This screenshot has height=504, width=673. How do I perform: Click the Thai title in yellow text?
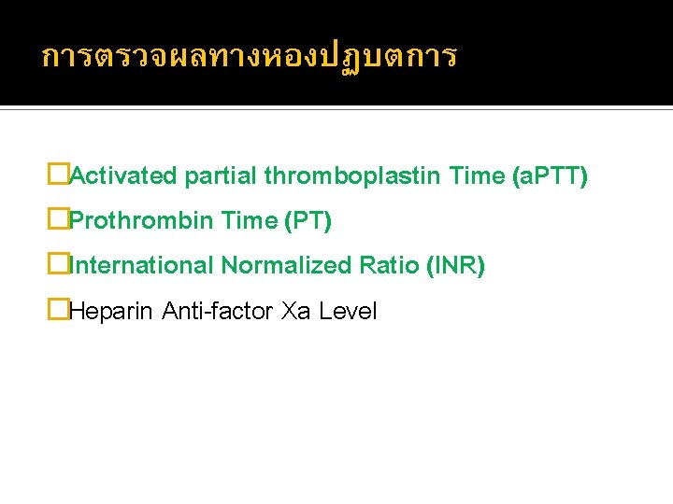click(x=250, y=57)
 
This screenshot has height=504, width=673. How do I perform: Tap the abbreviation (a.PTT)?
click(x=551, y=175)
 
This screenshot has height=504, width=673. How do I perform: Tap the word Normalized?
click(x=286, y=266)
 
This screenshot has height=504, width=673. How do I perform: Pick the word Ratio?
click(x=389, y=266)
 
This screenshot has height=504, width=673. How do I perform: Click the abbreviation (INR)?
click(x=455, y=266)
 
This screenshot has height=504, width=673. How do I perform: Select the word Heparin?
click(x=111, y=312)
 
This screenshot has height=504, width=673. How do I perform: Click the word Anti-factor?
click(x=218, y=312)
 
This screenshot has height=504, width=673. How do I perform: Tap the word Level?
click(x=348, y=312)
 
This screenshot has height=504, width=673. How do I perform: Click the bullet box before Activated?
click(x=59, y=175)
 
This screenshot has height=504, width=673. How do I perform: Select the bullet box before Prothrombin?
click(x=59, y=220)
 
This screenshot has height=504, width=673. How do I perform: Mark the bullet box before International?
click(x=59, y=265)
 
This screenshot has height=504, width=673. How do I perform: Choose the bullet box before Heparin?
click(x=59, y=311)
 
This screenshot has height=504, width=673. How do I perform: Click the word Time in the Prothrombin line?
click(x=250, y=221)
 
